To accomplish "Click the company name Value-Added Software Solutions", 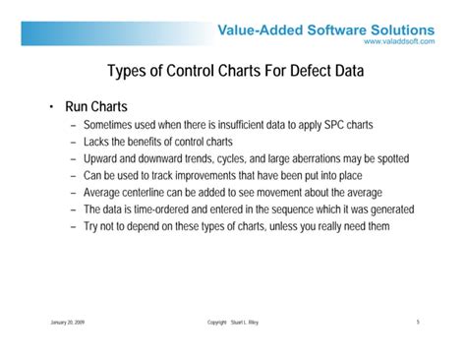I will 325,30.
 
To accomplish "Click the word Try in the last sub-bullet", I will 92,225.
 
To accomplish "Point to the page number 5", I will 417,322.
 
